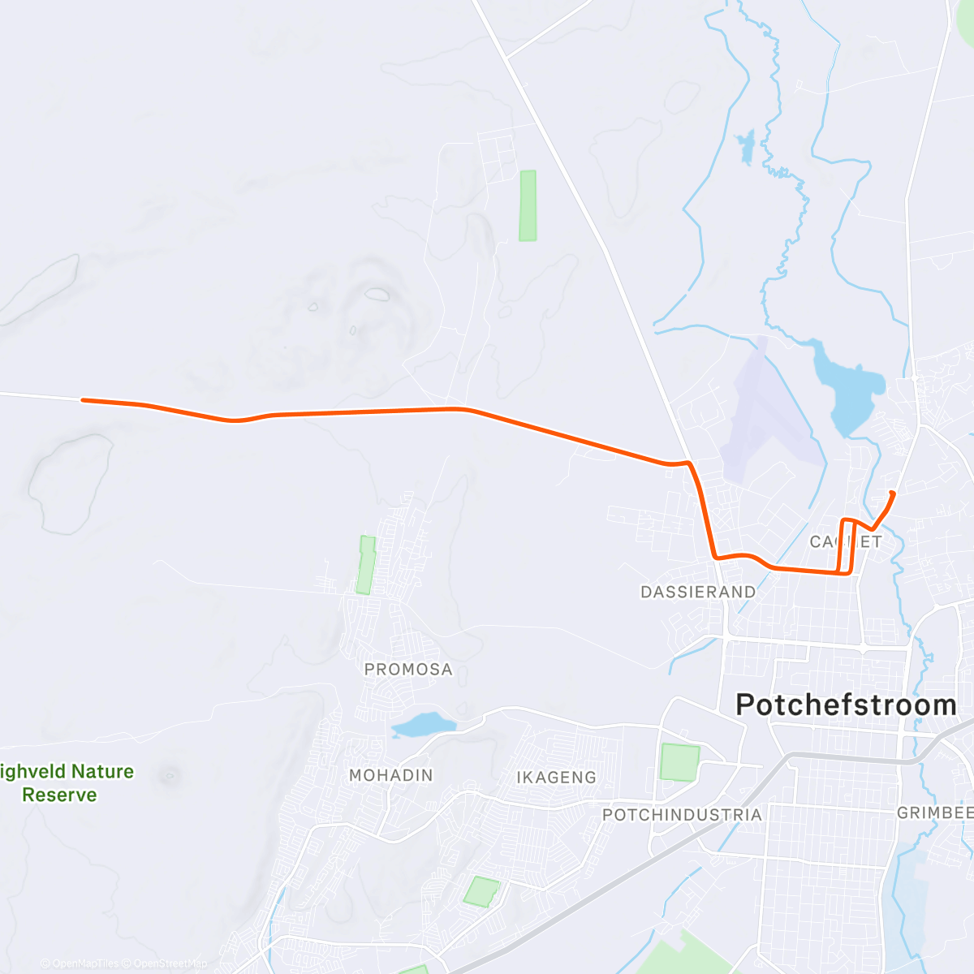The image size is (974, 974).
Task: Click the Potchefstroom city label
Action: [x=846, y=705]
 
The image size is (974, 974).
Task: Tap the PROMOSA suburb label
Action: [x=408, y=670]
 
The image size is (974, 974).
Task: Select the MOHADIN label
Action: [x=390, y=776]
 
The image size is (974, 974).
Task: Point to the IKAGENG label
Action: [x=556, y=778]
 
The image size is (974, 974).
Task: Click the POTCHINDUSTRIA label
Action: [x=682, y=815]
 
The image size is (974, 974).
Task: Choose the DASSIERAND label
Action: [x=698, y=593]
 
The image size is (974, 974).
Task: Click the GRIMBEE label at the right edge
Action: [x=933, y=812]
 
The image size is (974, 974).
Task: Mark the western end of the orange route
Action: [x=84, y=399]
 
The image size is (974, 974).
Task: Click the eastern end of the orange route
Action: [x=893, y=493]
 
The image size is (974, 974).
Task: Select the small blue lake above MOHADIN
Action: [x=422, y=724]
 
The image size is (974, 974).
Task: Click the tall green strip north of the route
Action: [x=528, y=205]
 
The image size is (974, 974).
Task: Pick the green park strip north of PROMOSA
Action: [x=367, y=565]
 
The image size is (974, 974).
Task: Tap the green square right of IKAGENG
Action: [x=679, y=762]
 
